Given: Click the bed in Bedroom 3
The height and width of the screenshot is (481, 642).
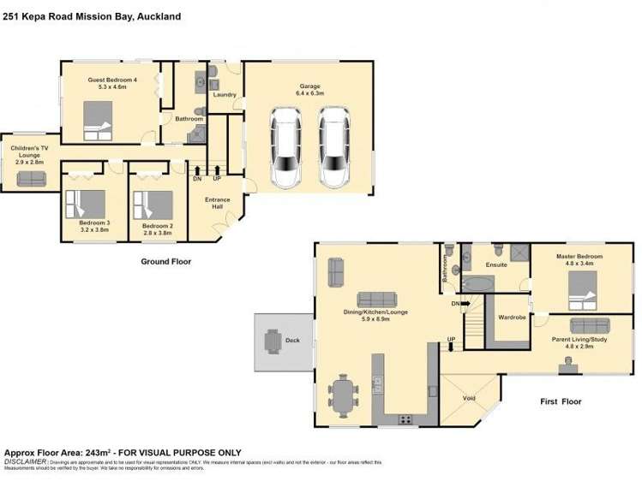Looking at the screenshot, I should tap(86, 205).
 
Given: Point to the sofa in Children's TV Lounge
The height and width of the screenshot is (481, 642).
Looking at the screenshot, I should tap(32, 178).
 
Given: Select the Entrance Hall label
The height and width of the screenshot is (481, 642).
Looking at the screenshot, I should tap(218, 205).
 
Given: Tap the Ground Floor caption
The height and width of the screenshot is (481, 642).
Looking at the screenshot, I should tap(165, 262).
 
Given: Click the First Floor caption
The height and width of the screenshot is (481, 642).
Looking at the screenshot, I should tap(561, 401).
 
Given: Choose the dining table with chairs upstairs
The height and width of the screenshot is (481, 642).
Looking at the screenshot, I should tap(345, 395).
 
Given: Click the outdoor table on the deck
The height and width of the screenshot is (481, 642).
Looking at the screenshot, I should tap(273, 341).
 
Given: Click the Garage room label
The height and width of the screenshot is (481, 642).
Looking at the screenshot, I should tap(309, 86).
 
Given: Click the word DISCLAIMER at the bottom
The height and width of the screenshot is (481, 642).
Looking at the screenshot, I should tap(26, 461).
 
